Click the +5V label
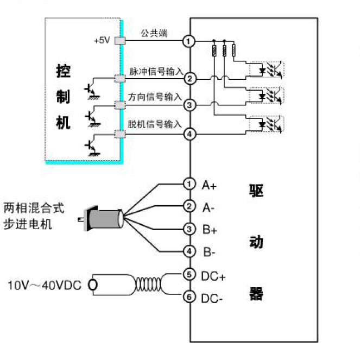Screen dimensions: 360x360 coord(102,41)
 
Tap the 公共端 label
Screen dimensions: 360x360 coord(154,33)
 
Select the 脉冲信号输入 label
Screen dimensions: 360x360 coord(155,72)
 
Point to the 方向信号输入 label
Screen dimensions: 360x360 coord(155,97)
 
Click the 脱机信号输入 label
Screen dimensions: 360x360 coord(155,124)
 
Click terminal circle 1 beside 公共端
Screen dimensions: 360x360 coord(189,41)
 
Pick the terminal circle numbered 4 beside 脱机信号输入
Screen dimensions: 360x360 coord(189,134)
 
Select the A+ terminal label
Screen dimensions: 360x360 coord(209,186)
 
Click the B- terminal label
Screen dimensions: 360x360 coord(210,252)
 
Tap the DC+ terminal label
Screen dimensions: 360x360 coord(213,276)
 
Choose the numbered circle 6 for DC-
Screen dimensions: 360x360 coord(189,297)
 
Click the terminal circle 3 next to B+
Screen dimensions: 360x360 coord(189,229)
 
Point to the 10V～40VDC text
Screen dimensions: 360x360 coord(45,285)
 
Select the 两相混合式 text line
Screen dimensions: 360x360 coord(34,207)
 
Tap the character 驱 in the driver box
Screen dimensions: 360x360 coord(256,191)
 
